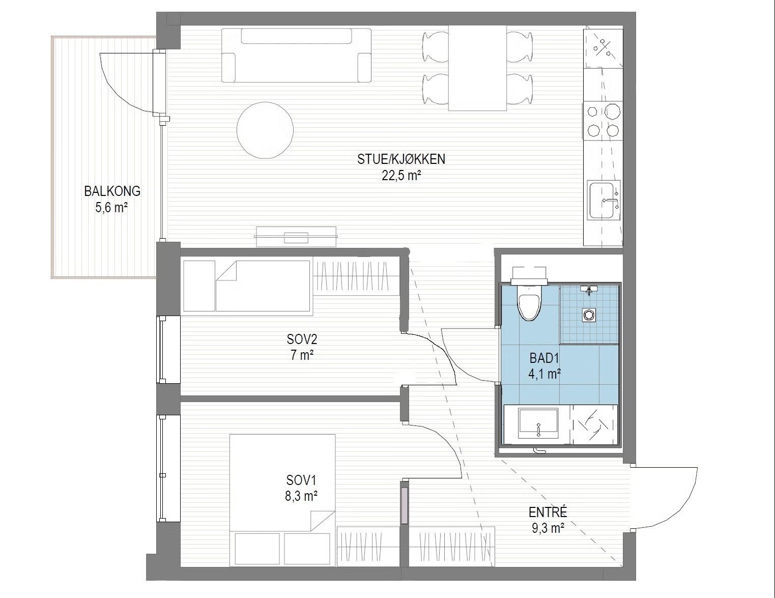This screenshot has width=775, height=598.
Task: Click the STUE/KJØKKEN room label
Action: coord(401,159)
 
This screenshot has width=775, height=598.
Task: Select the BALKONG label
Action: coord(112,191)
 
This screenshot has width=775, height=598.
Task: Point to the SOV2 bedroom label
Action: coord(302,339)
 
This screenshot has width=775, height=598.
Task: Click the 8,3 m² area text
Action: coord(301,496)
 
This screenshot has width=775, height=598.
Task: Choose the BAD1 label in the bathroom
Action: coord(544,358)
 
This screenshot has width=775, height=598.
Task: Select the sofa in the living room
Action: coord(296,55)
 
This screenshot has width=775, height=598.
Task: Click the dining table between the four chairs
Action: coord(477,68)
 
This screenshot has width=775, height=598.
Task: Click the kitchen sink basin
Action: coord(601,201)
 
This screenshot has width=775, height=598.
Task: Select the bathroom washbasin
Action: coord(538,424)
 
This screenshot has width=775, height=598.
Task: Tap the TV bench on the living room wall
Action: coord(296,237)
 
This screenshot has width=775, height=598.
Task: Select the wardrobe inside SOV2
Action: coord(356,276)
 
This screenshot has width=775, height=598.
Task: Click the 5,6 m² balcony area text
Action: coord(111,208)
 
